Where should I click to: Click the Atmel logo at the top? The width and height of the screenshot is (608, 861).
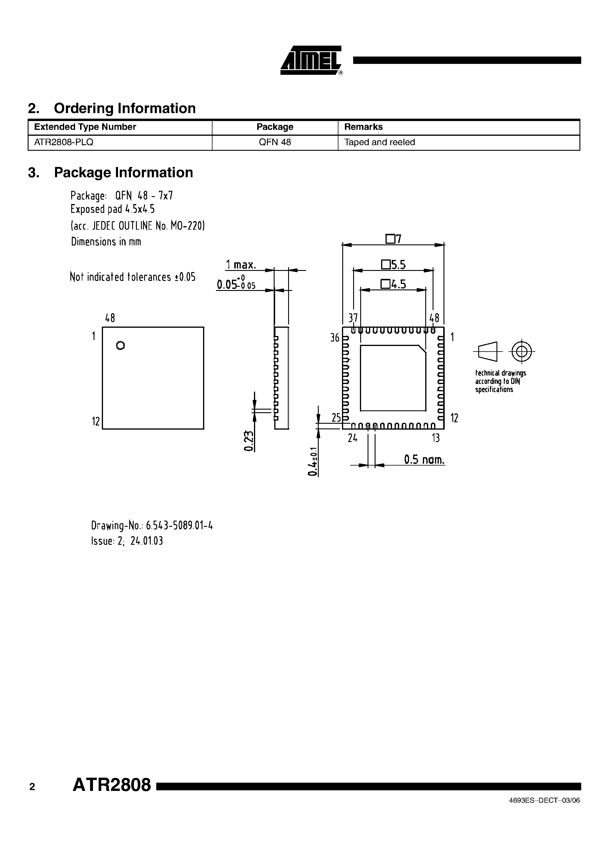[x=311, y=60]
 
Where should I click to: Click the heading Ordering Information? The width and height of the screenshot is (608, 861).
[x=124, y=108]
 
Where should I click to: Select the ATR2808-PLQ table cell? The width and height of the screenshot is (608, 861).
[x=64, y=143]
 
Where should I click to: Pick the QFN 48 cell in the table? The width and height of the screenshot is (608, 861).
[x=275, y=143]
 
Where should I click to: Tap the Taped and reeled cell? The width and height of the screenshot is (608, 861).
[x=379, y=143]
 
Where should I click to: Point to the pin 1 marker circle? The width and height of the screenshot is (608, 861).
[x=120, y=345]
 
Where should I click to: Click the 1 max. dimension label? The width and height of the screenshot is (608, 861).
[x=241, y=265]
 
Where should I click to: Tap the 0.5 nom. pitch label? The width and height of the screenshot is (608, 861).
[x=424, y=459]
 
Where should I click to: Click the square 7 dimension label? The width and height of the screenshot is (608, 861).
[x=393, y=239]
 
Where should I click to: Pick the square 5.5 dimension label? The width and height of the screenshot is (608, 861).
[x=393, y=265]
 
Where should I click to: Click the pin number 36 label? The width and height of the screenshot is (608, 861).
[x=334, y=337]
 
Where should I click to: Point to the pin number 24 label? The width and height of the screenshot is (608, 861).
[x=352, y=438]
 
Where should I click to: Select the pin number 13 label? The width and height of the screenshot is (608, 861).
[x=436, y=438]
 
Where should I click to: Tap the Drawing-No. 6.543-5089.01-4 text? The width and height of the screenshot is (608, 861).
[x=152, y=525]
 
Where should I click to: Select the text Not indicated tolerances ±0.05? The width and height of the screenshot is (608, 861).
[x=133, y=277]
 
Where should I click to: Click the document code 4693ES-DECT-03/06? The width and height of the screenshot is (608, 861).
[x=544, y=811]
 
